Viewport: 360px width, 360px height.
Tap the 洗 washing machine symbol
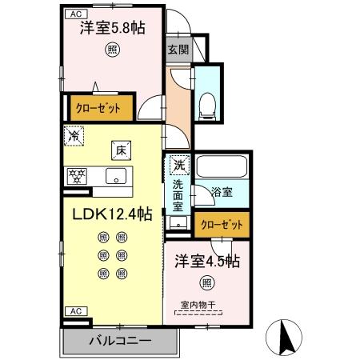coord(178,164)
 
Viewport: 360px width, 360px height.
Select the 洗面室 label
coord(178,194)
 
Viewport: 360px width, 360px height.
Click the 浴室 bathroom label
coord(222,192)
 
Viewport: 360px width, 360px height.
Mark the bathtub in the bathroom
coord(222,167)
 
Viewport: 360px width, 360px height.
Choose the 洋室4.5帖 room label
coord(206,260)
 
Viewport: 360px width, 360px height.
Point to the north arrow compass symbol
coord(286,337)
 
